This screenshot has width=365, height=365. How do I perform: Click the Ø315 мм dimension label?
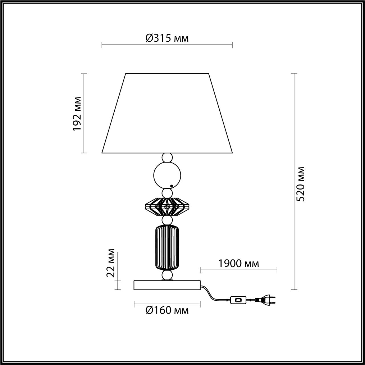pyautogui.click(x=167, y=38)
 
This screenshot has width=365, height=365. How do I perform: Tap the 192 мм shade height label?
pyautogui.click(x=77, y=113)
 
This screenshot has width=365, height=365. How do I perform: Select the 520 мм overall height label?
pyautogui.click(x=301, y=184)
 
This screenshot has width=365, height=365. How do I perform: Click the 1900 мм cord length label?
pyautogui.click(x=239, y=263)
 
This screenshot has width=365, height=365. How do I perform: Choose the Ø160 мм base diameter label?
pyautogui.click(x=167, y=310)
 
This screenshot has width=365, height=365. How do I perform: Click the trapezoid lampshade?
pyautogui.click(x=167, y=114)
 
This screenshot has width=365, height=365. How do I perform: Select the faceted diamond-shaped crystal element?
pyautogui.click(x=167, y=206)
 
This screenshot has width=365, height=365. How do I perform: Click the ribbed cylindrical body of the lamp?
pyautogui.click(x=167, y=247)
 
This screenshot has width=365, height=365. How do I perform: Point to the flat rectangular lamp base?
pyautogui.click(x=167, y=285)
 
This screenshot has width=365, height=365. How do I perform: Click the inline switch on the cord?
pyautogui.click(x=238, y=300)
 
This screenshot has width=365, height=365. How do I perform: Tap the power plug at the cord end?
pyautogui.click(x=266, y=300)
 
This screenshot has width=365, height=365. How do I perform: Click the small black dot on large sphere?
pyautogui.click(x=171, y=186)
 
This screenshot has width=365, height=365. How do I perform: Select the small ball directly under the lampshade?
pyautogui.click(x=167, y=157)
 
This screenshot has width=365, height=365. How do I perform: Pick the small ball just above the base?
pyautogui.click(x=167, y=275)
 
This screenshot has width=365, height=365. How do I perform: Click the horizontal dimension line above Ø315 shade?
pyautogui.click(x=167, y=45)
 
